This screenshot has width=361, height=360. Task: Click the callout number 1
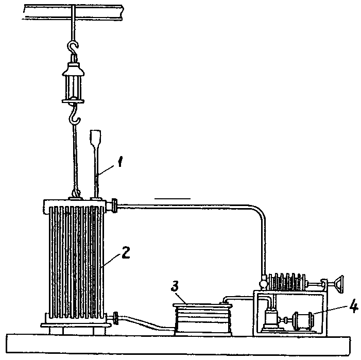click(120, 162)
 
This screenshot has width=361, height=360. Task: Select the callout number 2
click(126, 252)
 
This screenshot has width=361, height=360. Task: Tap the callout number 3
click(175, 286)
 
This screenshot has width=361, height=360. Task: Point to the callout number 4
click(353, 306)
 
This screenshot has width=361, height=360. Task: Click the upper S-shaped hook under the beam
click(73, 48)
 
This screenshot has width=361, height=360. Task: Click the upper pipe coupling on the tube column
click(114, 205)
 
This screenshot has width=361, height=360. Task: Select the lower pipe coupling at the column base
click(115, 318)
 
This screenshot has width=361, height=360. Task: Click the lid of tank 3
click(202, 305)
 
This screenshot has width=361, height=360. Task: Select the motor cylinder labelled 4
click(304, 321)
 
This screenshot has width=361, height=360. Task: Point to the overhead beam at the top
click(73, 12)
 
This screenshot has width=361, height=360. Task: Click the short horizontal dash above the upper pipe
click(173, 198)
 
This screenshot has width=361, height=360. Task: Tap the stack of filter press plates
click(286, 282)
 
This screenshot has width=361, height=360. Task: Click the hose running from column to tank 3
click(147, 323)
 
